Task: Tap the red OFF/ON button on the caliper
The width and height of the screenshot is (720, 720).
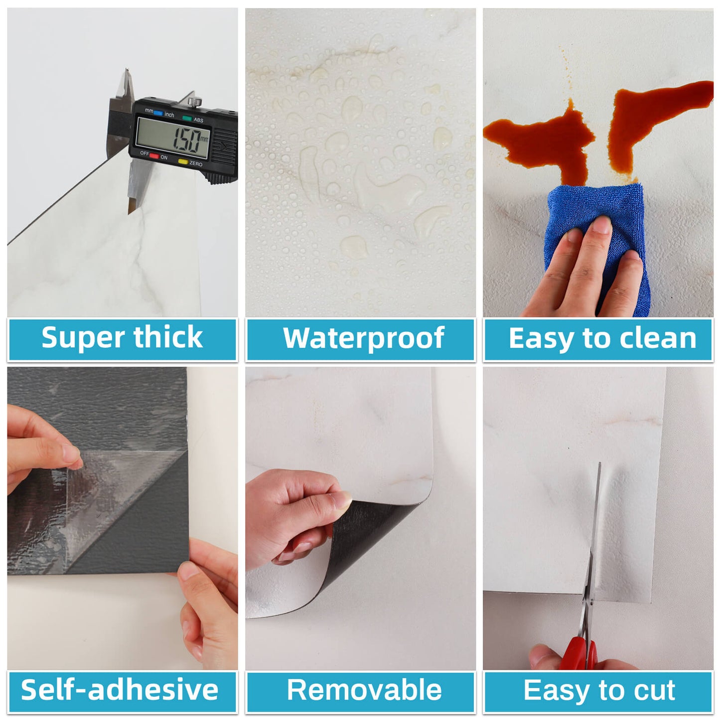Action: [154, 155]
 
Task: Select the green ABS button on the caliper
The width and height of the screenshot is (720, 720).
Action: [187, 118]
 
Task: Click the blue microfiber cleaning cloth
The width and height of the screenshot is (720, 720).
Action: [594, 239]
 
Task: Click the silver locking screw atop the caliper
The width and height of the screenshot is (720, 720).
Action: [195, 101]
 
